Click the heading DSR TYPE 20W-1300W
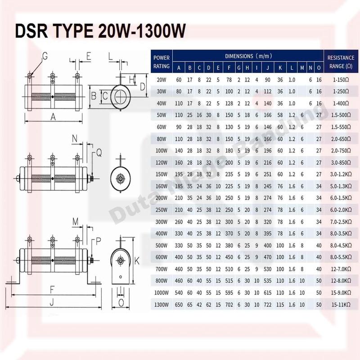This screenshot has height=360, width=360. coord(100,32)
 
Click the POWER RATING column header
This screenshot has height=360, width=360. coord(162,62)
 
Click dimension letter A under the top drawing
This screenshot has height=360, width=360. coord(53,117)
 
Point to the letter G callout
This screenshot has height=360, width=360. coord(45,56)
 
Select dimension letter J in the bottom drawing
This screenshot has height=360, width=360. coord(53,303)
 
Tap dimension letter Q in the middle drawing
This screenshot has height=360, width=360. coord(99,153)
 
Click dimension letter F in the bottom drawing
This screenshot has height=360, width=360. coord(53,288)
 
